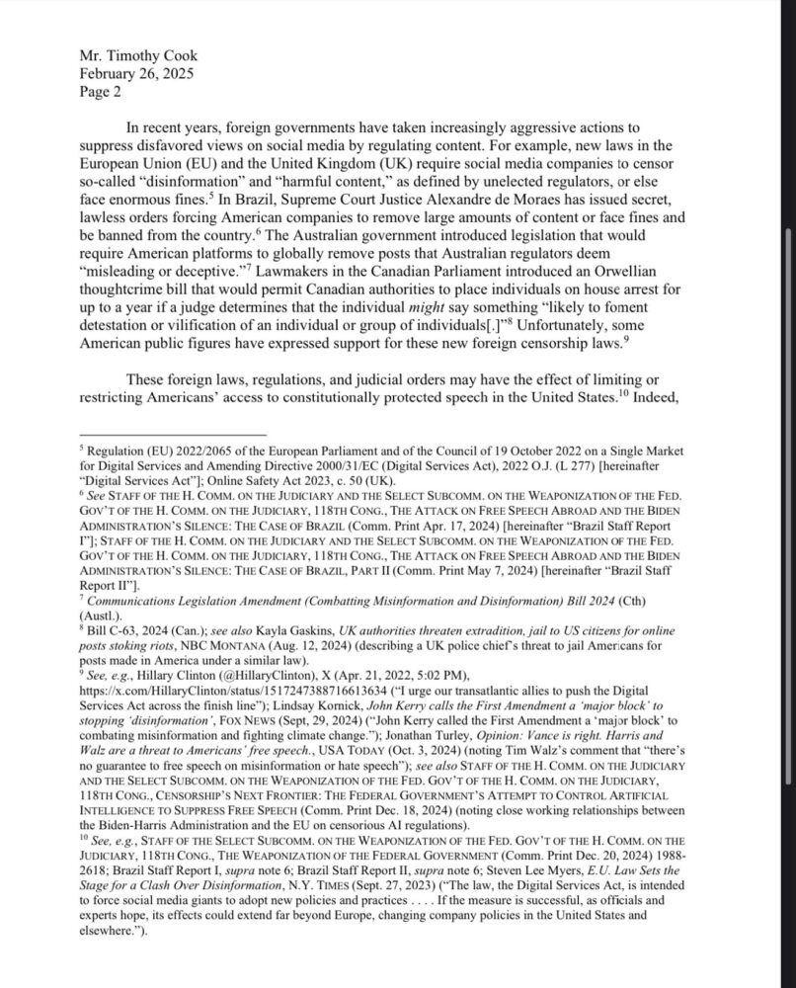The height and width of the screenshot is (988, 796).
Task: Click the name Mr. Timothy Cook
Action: (x=135, y=55)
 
